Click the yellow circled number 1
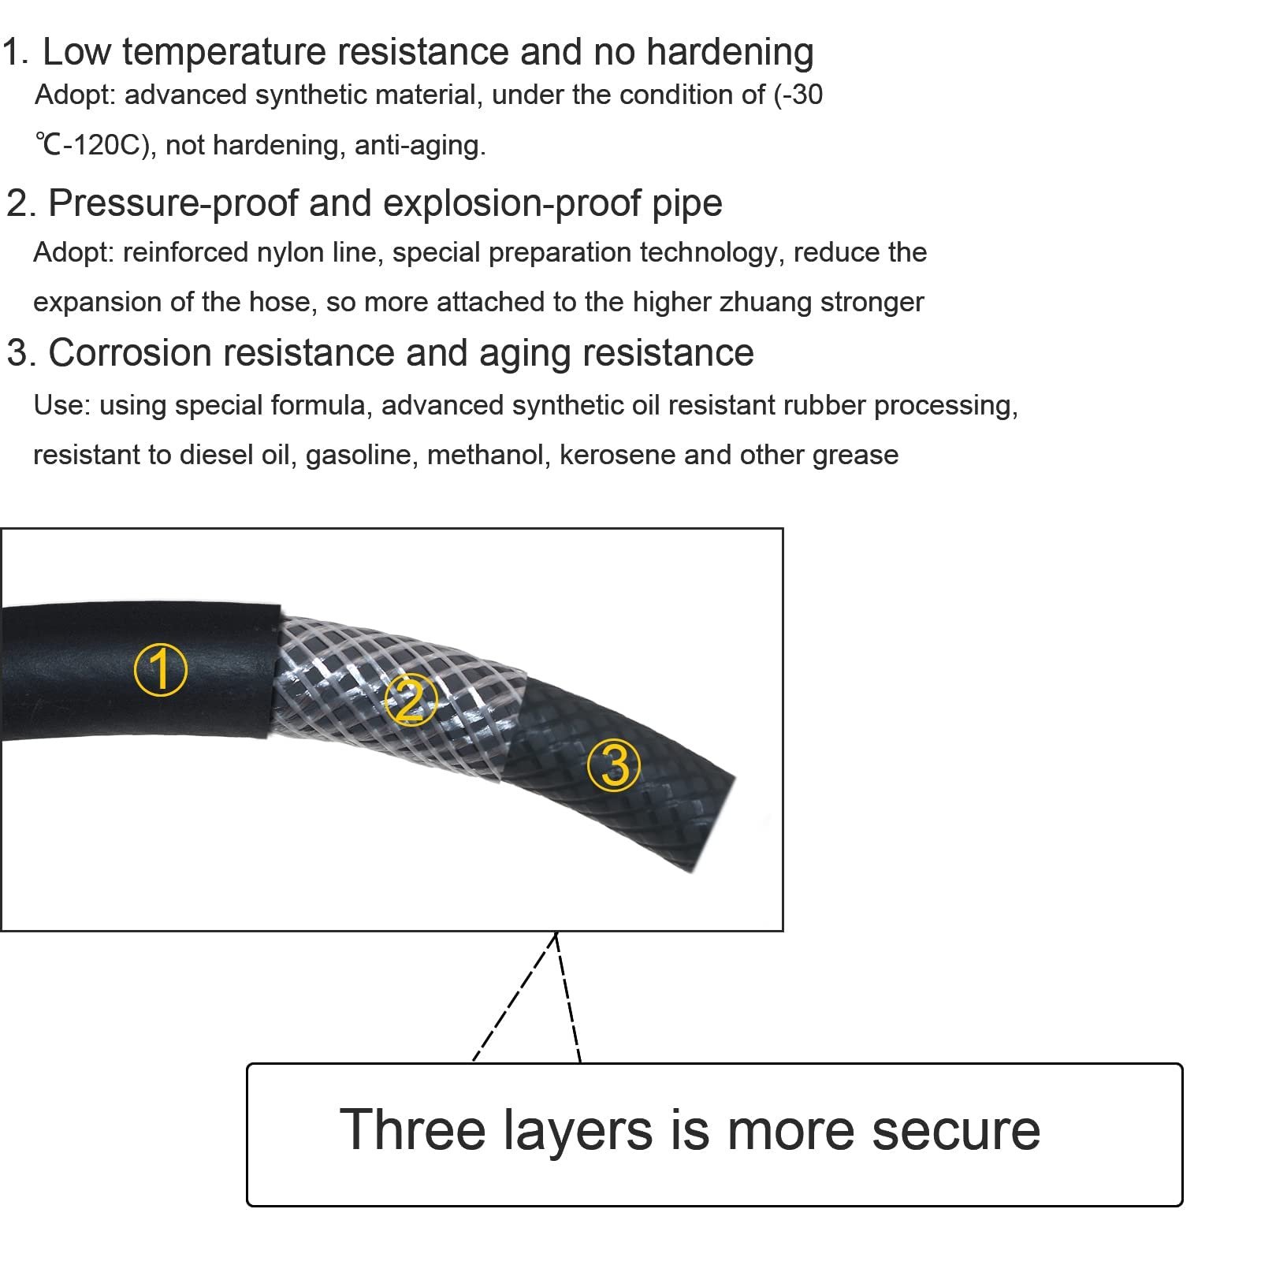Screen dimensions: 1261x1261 click(161, 669)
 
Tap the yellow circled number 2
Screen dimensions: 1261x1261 click(411, 699)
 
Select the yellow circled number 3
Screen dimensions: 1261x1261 click(615, 765)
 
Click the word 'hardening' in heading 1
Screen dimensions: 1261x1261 click(730, 53)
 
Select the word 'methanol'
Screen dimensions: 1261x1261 click(489, 455)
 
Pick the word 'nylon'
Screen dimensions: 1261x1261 click(286, 253)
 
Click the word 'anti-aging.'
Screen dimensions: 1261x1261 click(420, 145)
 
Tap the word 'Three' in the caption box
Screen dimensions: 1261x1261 click(413, 1129)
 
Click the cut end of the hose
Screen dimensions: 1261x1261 click(714, 824)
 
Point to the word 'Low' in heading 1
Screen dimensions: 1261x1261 click(76, 53)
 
